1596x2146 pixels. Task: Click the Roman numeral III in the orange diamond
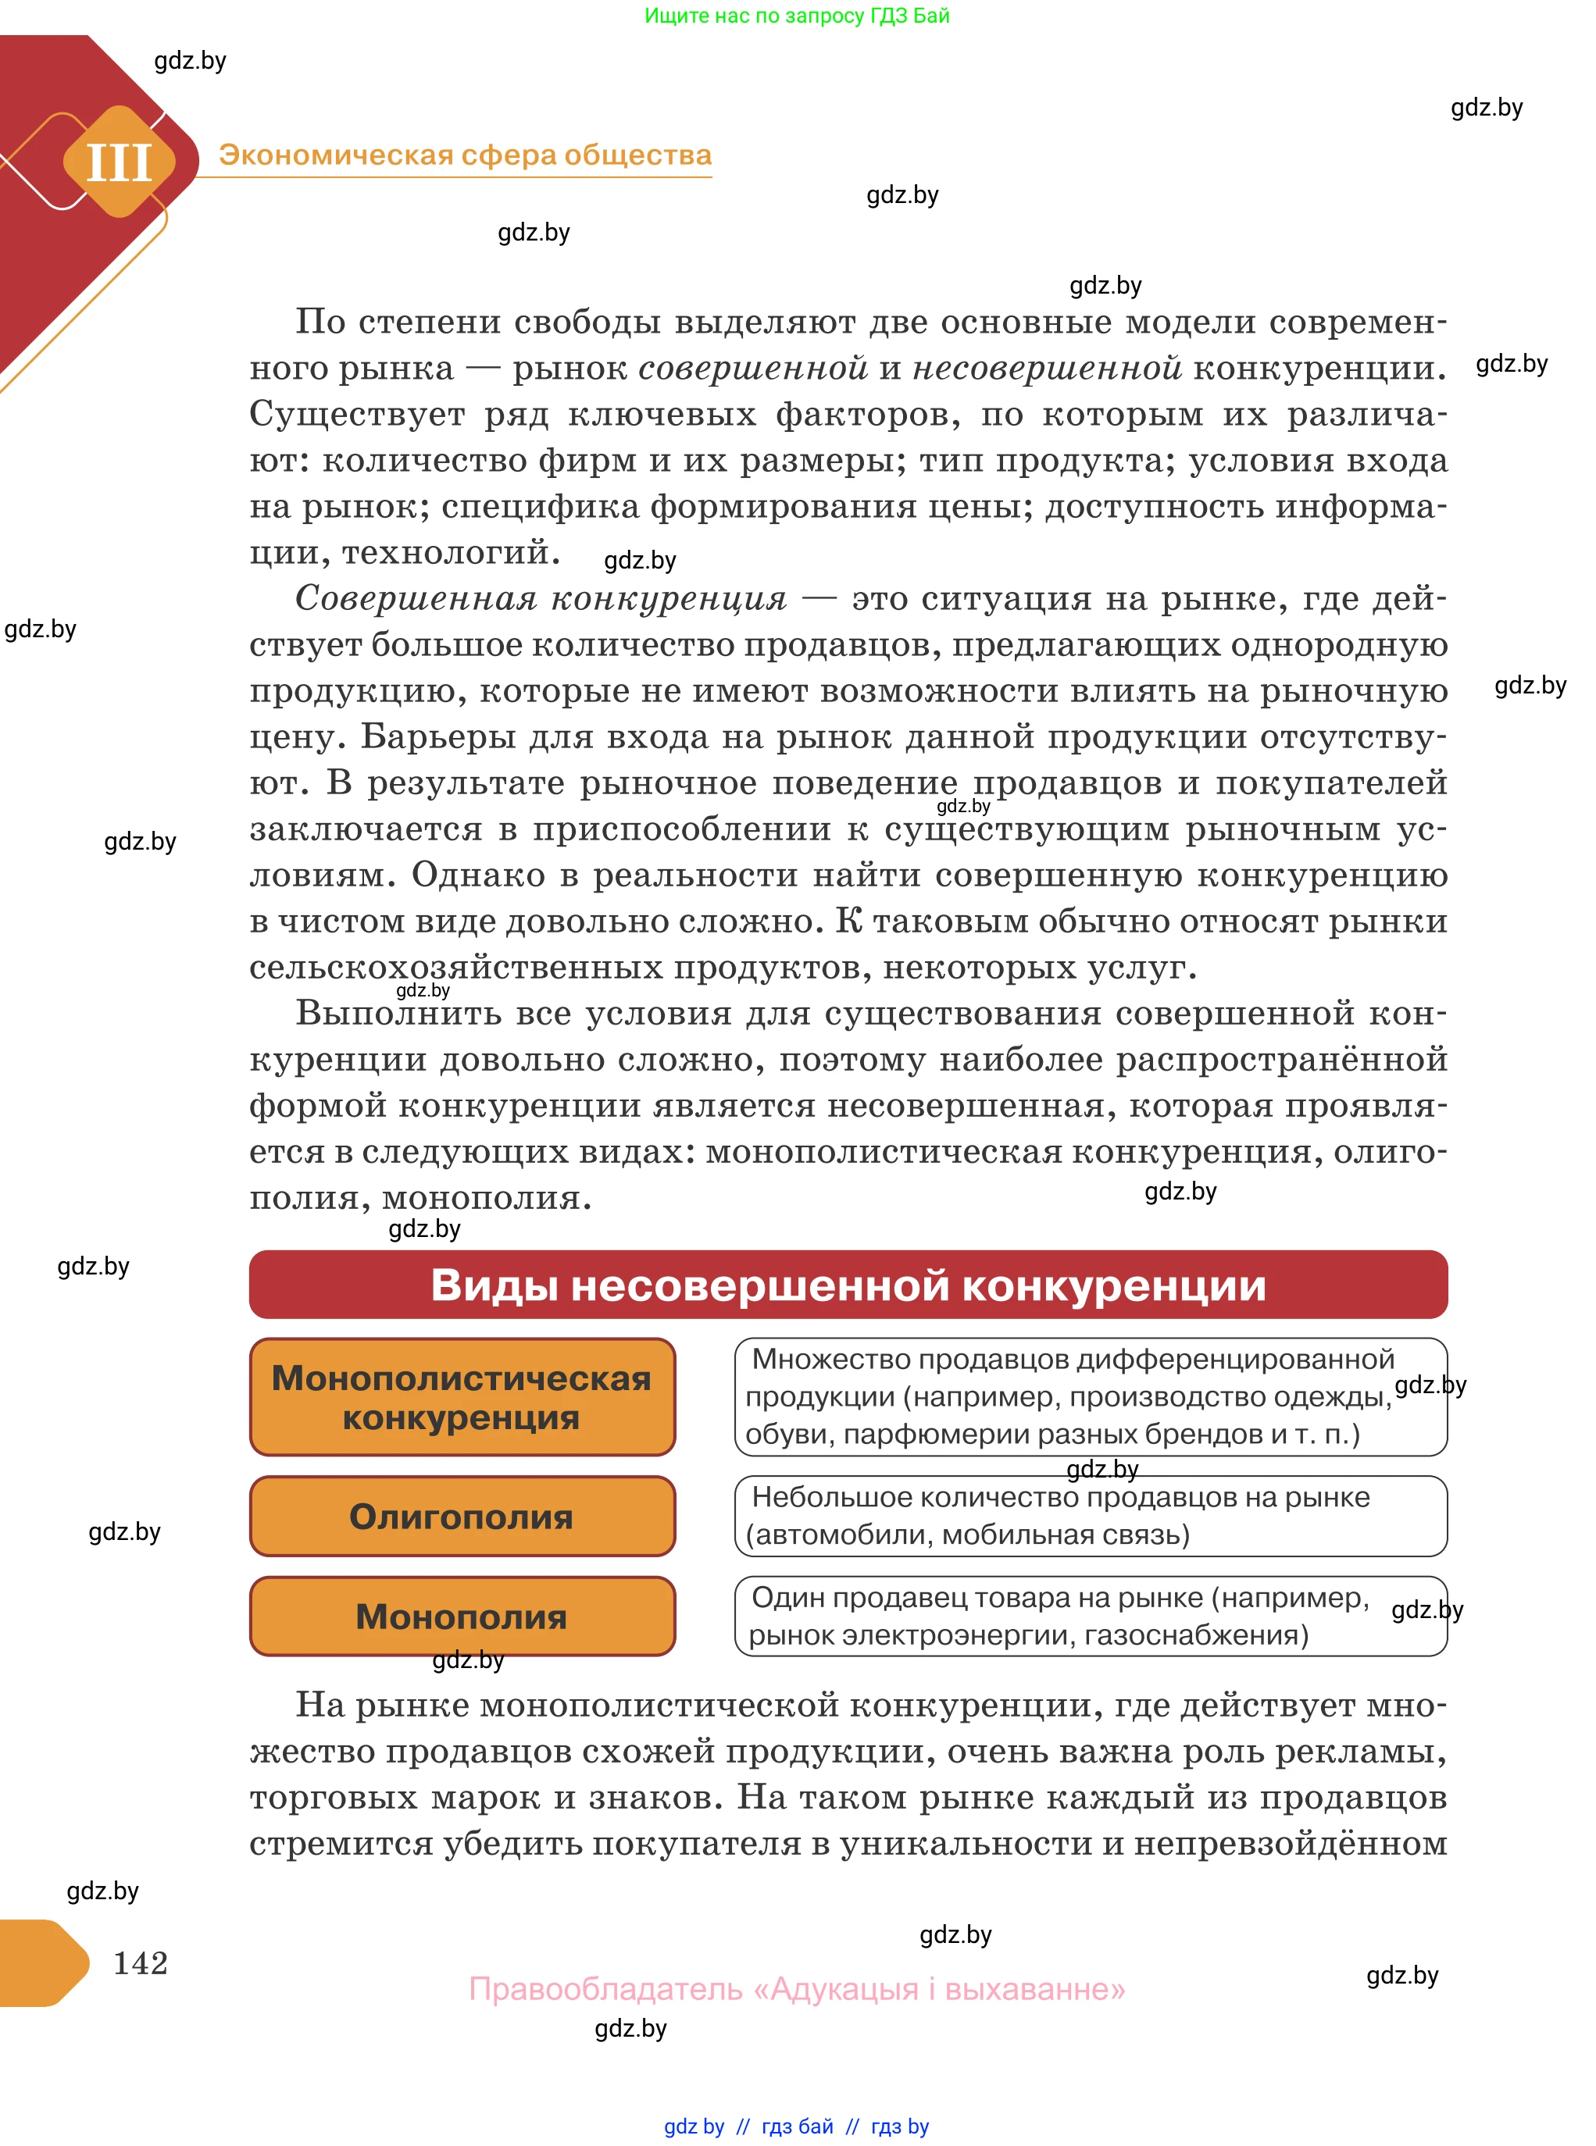point(120,162)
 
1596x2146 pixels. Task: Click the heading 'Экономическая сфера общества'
point(465,155)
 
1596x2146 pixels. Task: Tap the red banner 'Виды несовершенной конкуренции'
point(848,1285)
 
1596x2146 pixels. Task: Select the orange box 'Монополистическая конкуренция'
point(462,1396)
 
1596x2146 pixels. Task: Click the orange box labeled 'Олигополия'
point(462,1517)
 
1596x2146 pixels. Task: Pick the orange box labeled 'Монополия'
point(462,1616)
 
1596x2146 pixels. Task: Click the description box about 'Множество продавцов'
point(1090,1396)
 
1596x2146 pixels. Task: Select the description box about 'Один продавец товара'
point(1090,1616)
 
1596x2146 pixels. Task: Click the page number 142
point(141,1962)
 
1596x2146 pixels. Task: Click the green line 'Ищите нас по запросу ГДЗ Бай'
point(797,16)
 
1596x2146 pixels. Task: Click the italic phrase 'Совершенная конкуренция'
point(541,598)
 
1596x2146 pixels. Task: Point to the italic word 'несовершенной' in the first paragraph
point(1046,368)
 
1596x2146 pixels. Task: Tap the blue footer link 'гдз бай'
point(797,2126)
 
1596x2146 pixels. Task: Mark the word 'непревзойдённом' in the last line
point(1290,1843)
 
